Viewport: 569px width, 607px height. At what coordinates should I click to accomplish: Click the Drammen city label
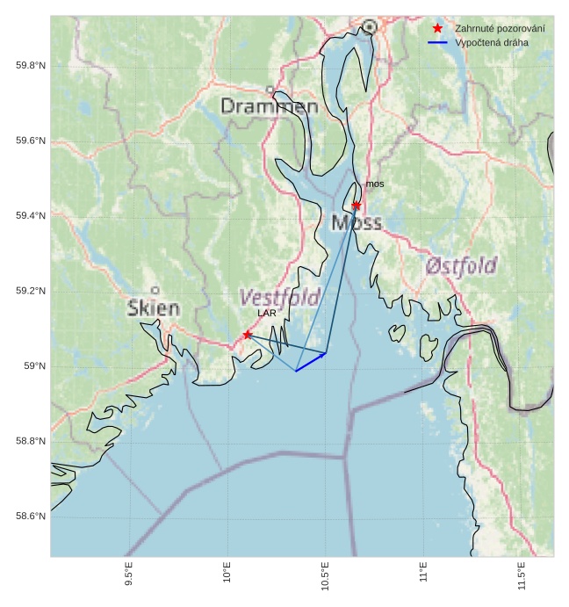point(269,106)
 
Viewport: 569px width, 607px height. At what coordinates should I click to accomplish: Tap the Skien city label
point(154,308)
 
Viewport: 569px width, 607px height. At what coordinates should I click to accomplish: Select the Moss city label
point(357,223)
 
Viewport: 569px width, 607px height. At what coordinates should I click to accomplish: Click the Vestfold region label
point(279,297)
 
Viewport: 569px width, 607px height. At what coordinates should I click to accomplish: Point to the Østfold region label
point(461,265)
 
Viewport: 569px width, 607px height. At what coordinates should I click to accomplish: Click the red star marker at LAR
point(248,335)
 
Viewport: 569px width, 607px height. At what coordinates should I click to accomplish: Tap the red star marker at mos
point(357,205)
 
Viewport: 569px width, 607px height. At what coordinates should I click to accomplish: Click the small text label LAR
point(267,313)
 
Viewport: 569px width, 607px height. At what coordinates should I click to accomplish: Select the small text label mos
point(375,184)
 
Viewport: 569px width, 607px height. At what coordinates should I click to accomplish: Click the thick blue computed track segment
point(311,362)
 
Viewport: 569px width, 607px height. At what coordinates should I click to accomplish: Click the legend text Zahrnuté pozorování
point(500,29)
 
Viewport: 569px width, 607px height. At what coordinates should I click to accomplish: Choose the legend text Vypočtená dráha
point(492,42)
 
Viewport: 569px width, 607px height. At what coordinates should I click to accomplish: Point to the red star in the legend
point(437,29)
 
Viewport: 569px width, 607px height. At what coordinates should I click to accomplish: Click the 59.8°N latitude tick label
point(31,66)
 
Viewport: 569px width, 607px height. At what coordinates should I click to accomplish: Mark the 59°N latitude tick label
point(35,366)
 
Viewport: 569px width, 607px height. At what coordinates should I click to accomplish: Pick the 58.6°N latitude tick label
point(31,517)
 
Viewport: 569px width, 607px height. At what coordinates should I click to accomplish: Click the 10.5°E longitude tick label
point(325,576)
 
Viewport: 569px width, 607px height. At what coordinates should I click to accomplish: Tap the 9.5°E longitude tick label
point(128,576)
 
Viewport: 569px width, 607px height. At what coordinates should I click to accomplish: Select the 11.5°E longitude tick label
point(522,576)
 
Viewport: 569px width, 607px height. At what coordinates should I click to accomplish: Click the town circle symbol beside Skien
point(155,290)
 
